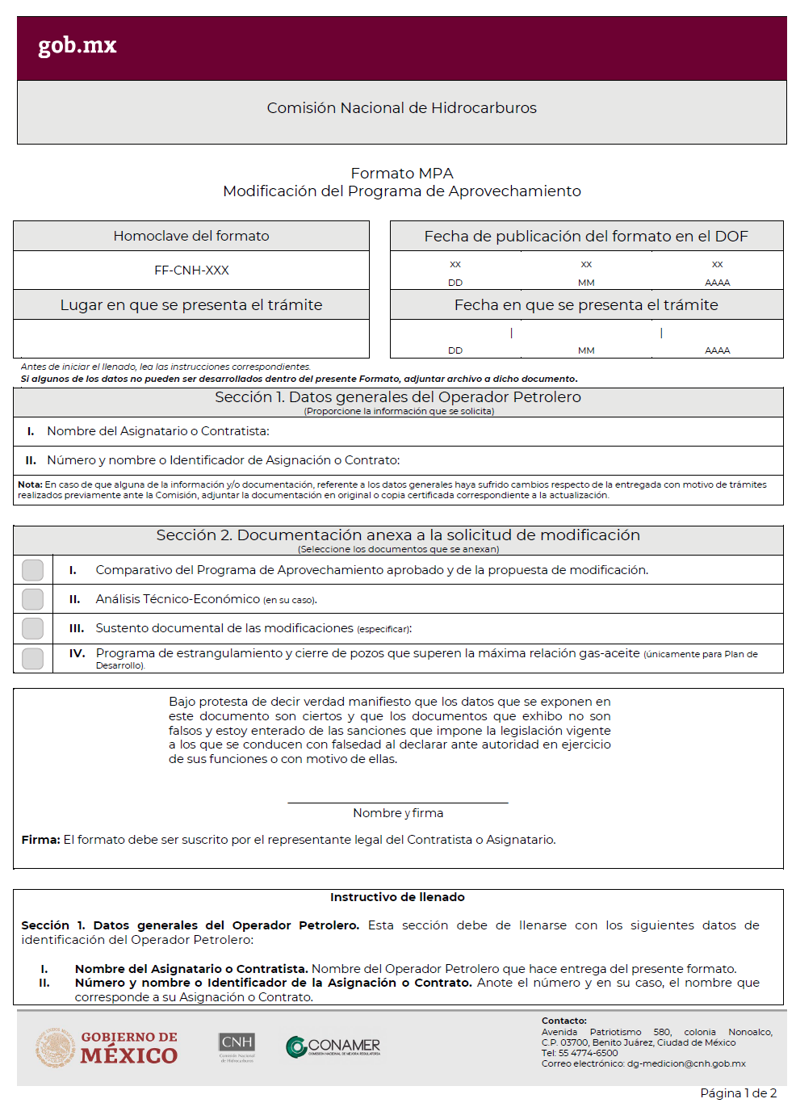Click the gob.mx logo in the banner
click(x=78, y=45)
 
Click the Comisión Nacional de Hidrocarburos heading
click(x=401, y=108)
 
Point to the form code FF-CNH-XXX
click(x=191, y=271)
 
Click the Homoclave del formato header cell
click(x=191, y=236)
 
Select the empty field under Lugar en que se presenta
click(x=191, y=338)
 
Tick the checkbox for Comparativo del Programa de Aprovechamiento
click(x=33, y=570)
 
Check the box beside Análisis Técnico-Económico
click(x=33, y=599)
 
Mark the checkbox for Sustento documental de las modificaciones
click(x=33, y=628)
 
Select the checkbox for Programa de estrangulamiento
click(x=33, y=658)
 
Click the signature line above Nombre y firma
click(x=397, y=802)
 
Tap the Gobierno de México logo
click(x=107, y=1047)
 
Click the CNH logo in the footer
click(x=237, y=1047)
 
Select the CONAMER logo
click(x=333, y=1047)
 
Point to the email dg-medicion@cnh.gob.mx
click(x=685, y=1064)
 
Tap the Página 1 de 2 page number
click(x=738, y=1093)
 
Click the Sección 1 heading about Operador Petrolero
click(x=398, y=397)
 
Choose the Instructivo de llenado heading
click(x=397, y=897)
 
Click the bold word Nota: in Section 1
click(x=30, y=484)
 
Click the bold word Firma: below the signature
click(x=40, y=840)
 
